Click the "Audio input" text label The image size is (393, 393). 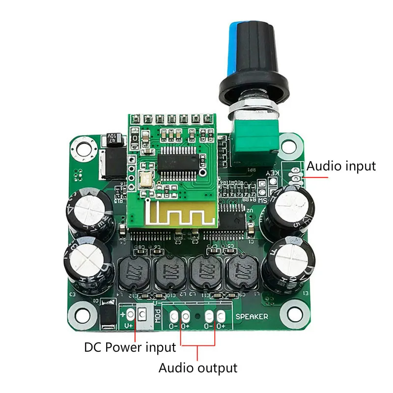pyautogui.click(x=341, y=166)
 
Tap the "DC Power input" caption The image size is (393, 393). pyautogui.click(x=130, y=348)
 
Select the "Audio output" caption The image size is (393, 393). pyautogui.click(x=197, y=367)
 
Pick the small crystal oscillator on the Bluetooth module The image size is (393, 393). pyautogui.click(x=146, y=180)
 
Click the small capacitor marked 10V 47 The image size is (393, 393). pyautogui.click(x=112, y=140)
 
